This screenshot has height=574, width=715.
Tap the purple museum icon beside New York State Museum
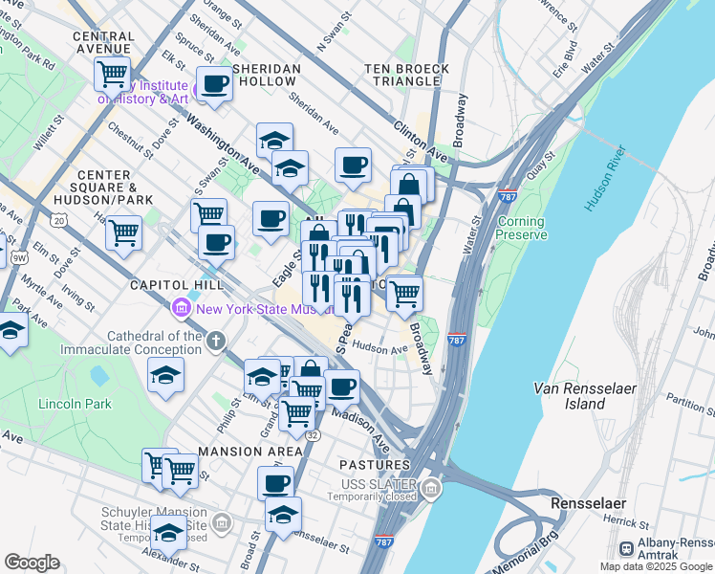[x=180, y=308]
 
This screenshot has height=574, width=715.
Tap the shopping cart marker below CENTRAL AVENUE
[x=113, y=73]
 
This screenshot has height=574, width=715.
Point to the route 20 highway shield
[x=60, y=220]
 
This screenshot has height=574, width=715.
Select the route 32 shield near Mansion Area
[x=313, y=434]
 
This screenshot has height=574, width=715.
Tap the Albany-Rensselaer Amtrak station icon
[x=627, y=549]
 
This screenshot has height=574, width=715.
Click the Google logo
[x=32, y=562]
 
